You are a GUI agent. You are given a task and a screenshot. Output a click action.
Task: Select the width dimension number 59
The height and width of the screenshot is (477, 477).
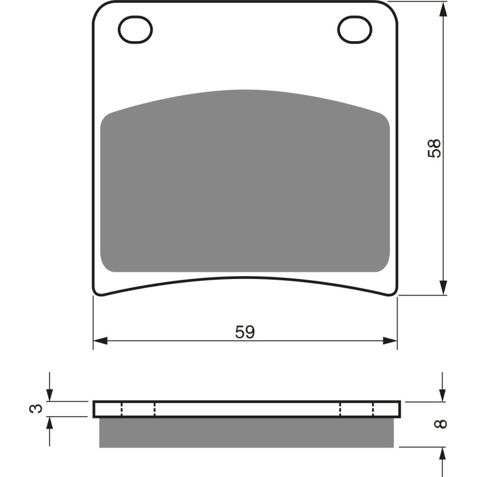pos(244,332)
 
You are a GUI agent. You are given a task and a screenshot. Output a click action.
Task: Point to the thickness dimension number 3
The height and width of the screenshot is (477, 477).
pos(37,408)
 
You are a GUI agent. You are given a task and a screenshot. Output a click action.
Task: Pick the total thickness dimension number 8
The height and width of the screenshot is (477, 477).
pos(440,424)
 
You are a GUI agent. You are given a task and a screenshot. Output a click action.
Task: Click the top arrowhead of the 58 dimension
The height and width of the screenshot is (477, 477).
pos(442,8)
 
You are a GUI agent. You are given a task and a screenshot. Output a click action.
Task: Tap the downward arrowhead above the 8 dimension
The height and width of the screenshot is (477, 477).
pos(442,395)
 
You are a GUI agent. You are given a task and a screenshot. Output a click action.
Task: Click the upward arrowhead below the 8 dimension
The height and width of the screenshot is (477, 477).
pos(442,454)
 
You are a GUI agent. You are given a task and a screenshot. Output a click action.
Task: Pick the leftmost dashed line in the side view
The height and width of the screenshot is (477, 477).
pos(122,409)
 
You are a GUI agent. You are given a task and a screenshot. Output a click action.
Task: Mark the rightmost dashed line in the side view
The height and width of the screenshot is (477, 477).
pos(373,409)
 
